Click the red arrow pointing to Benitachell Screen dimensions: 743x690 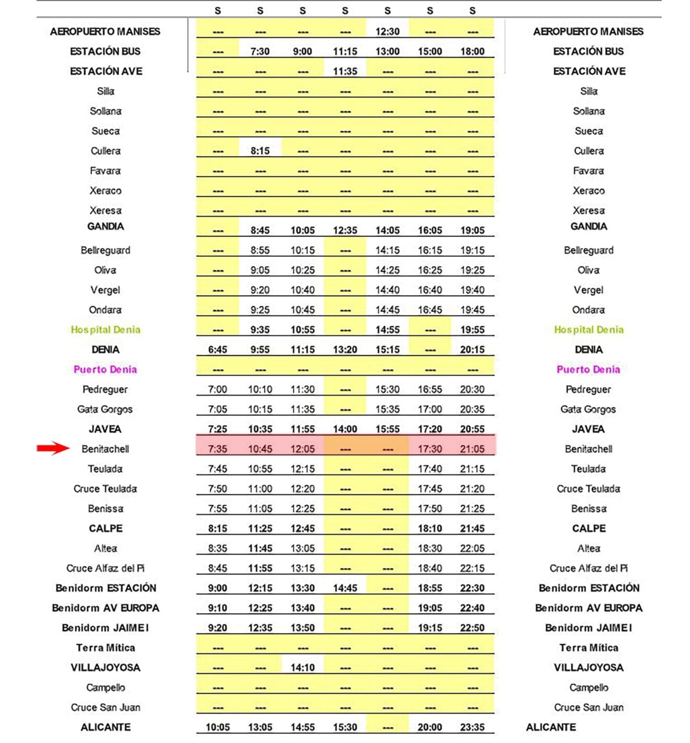53,448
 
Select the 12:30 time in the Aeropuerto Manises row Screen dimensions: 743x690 387,31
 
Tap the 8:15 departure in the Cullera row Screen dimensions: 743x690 260,151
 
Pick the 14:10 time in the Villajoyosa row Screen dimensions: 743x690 303,668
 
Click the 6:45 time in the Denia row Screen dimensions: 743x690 217,350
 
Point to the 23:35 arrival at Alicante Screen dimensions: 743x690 472,727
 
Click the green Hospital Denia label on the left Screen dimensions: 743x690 106,330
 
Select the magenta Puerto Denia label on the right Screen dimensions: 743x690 588,370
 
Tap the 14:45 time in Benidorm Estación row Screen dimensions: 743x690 345,588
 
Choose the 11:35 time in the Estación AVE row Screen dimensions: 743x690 345,71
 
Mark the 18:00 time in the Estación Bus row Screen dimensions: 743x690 472,51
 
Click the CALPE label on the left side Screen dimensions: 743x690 106,529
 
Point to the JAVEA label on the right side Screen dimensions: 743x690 588,429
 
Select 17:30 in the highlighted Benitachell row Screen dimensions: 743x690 430,449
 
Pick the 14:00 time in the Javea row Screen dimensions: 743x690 345,429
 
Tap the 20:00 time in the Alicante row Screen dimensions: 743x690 430,727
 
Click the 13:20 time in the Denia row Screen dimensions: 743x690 345,350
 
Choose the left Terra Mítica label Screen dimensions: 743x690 106,648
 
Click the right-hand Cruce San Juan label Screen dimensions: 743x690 589,707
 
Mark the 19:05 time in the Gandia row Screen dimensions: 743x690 472,231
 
